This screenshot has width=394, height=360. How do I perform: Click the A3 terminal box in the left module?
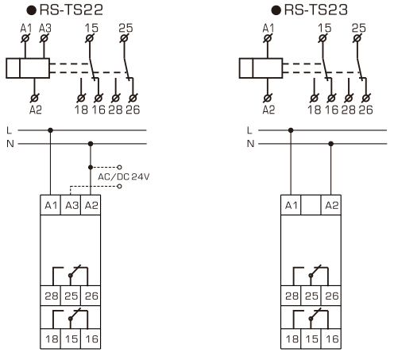click(x=70, y=204)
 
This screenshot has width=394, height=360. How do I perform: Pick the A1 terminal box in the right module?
click(x=291, y=204)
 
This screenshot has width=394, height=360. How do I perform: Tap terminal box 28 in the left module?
click(x=51, y=296)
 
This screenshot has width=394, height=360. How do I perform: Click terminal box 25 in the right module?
click(x=310, y=296)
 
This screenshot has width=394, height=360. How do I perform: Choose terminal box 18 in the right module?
click(x=291, y=338)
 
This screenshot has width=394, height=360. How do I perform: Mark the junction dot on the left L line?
click(x=51, y=130)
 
